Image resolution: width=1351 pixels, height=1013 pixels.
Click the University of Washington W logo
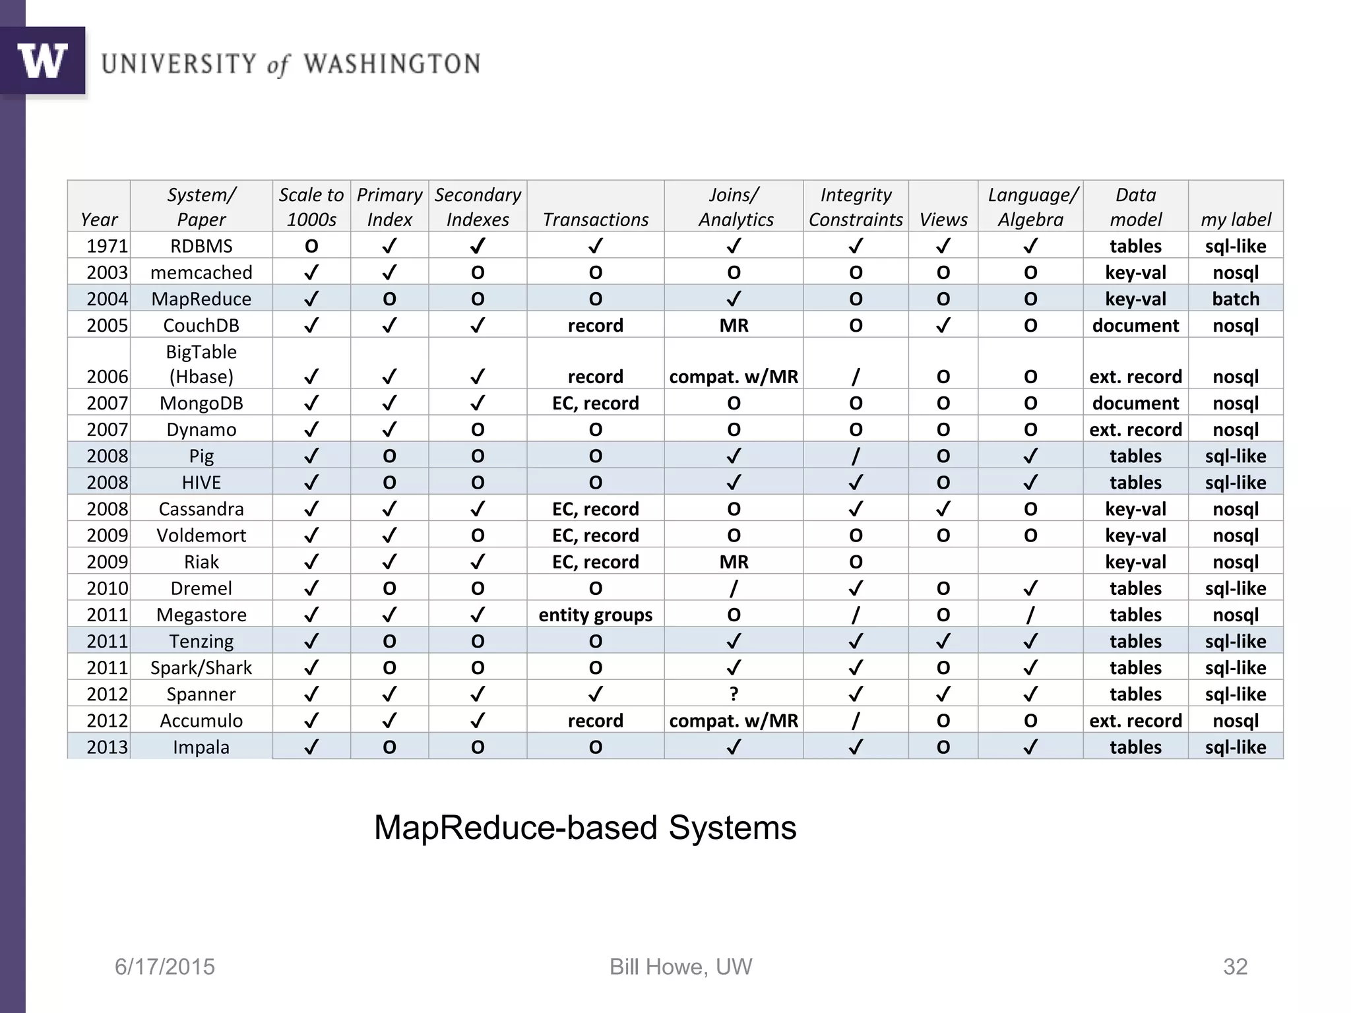42,61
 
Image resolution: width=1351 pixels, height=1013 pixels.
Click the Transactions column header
595,220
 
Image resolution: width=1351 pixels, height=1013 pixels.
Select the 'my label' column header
1236,220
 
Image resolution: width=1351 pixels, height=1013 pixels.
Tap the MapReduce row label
201,299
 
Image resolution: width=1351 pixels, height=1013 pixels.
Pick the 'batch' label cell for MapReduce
1236,299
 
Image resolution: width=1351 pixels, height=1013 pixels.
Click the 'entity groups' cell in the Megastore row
595,615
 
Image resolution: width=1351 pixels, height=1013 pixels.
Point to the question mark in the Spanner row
734,694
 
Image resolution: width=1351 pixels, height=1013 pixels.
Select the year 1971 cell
107,246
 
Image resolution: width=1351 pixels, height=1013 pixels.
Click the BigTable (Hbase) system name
201,364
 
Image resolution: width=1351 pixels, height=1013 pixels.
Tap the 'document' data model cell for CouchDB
1135,325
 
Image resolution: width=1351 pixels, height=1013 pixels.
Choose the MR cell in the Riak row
734,562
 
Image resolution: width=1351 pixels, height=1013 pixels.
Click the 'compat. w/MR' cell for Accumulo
734,720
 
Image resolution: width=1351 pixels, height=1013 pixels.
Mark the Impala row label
201,747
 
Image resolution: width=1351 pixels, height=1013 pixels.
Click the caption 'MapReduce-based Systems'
585,828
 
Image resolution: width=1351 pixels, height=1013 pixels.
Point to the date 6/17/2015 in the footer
165,967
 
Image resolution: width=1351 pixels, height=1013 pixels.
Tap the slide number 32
1235,967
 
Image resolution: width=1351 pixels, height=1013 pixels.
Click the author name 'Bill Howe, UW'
680,967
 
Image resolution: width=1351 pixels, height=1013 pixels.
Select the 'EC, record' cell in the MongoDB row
595,403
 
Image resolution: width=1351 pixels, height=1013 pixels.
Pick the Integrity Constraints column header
856,207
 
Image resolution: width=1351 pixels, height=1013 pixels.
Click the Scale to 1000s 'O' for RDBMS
311,246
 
